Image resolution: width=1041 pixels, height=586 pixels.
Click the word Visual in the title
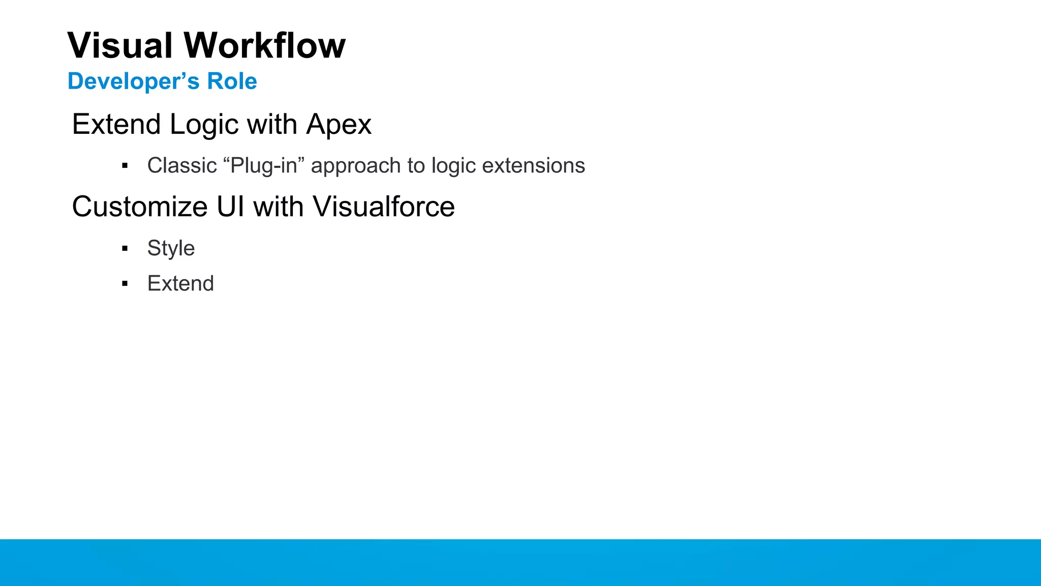pos(120,46)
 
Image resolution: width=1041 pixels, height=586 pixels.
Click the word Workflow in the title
pos(264,46)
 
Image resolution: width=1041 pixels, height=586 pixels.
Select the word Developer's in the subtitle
pos(133,81)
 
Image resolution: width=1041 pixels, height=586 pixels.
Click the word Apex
pos(339,125)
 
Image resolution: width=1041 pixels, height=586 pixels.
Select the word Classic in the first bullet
pos(182,166)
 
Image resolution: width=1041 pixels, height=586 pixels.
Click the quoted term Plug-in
pos(263,166)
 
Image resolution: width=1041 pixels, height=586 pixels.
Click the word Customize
pos(140,207)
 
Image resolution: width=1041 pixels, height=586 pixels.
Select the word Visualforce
pos(383,207)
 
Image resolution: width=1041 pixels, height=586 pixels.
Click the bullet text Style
pos(171,248)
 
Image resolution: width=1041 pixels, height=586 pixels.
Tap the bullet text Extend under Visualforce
pos(180,283)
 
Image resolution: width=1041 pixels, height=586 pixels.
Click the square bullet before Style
pos(125,249)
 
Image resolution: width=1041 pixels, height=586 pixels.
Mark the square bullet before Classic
pos(125,166)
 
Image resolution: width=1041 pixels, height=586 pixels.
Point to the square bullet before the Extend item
pos(125,284)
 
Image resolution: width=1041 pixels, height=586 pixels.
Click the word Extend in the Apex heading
pos(116,125)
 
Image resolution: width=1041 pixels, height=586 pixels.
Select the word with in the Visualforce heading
pos(278,207)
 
